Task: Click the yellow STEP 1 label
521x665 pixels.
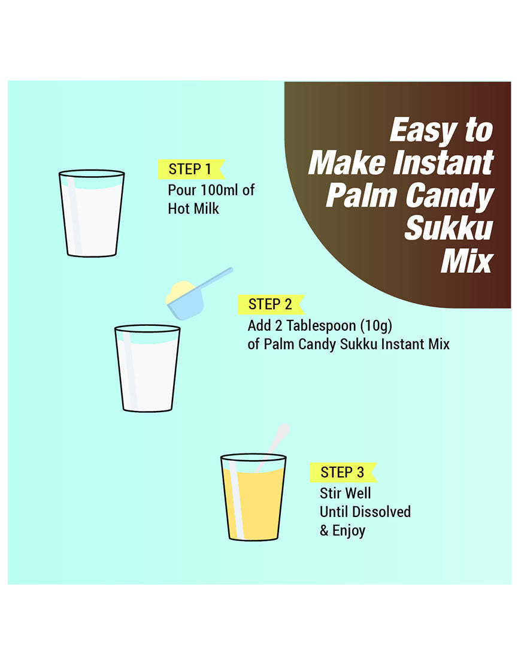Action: tap(191, 169)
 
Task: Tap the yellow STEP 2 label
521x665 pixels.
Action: tap(271, 304)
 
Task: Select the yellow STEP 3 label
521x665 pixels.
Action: tap(343, 473)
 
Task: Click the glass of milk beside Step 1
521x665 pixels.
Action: tap(92, 213)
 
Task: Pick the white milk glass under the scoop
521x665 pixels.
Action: tap(147, 368)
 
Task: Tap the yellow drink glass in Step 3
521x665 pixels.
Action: tap(253, 497)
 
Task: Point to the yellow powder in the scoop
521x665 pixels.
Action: tap(180, 292)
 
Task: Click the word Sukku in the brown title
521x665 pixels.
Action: tap(449, 228)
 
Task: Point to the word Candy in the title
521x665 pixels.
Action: tap(450, 196)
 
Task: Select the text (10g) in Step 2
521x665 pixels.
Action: tap(377, 326)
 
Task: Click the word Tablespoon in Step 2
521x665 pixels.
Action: tap(321, 326)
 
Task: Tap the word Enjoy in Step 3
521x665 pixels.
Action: tap(349, 531)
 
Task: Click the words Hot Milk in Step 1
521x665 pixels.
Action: tap(193, 208)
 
